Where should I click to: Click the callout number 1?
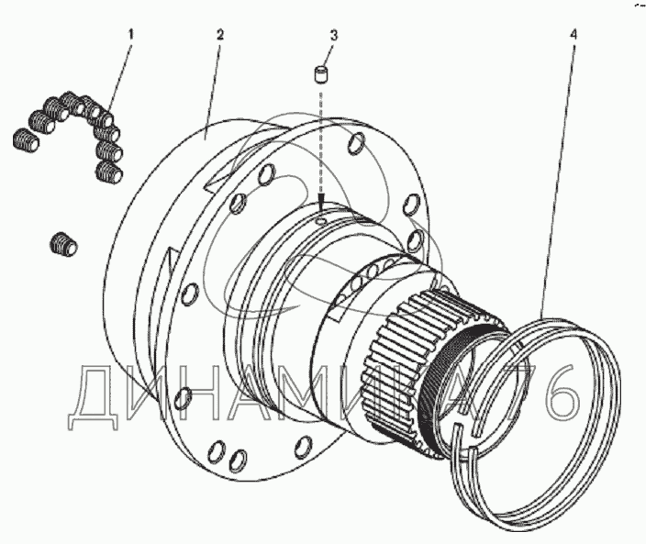(130, 34)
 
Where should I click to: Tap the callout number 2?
(220, 35)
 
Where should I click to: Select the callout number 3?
(333, 36)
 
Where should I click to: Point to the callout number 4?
(574, 34)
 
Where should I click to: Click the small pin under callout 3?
(322, 74)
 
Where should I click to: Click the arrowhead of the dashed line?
(322, 204)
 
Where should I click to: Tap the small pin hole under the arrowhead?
(321, 222)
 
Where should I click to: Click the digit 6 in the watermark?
(562, 392)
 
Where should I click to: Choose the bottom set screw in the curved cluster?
(109, 172)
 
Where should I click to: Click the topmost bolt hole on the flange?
(357, 142)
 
